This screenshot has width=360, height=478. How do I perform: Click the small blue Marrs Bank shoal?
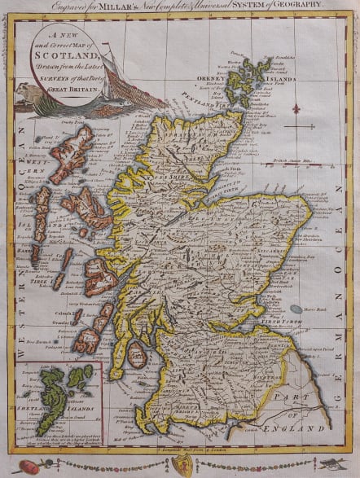296,310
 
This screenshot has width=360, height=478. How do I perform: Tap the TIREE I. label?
40,281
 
